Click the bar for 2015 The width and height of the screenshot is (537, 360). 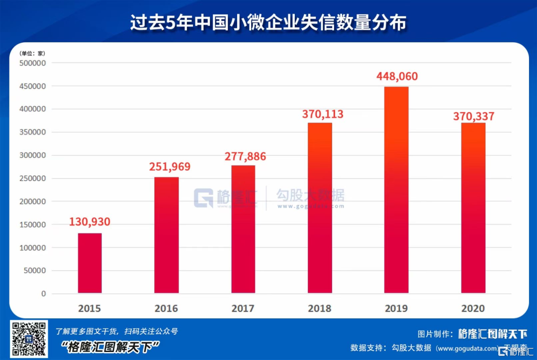click(89, 263)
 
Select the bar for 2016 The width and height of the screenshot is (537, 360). click(167, 235)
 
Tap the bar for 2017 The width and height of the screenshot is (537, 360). click(243, 229)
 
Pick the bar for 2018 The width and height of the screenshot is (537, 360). click(320, 207)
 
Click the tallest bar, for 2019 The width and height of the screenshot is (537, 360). click(396, 189)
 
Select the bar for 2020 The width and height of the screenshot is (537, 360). click(473, 207)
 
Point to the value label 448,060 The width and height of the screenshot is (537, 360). click(397, 77)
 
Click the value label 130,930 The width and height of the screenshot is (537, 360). click(89, 222)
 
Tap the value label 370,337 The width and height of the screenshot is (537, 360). click(473, 116)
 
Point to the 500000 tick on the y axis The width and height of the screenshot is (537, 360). click(32, 63)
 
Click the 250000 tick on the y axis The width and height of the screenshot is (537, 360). click(32, 179)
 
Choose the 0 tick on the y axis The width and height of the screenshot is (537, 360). click(44, 294)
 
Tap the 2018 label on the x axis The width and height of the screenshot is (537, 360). click(320, 308)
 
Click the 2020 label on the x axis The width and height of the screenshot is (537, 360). click(473, 308)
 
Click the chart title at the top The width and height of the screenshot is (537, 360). click(268, 23)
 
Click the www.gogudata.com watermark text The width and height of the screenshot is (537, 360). click(310, 206)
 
